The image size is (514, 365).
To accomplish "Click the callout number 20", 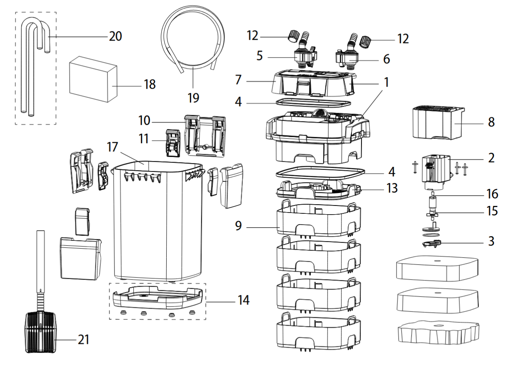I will (116, 36).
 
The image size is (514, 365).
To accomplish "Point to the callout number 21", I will (84, 340).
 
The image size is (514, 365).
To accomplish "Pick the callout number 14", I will (244, 300).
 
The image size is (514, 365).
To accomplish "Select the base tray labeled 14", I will (158, 297).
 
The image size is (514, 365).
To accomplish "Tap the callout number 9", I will (238, 226).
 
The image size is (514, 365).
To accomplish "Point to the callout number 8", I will (491, 123).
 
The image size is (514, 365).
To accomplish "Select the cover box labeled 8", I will (438, 123).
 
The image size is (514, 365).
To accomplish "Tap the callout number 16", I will (492, 194).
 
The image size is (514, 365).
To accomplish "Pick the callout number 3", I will (491, 241).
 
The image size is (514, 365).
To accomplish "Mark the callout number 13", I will (392, 188).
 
